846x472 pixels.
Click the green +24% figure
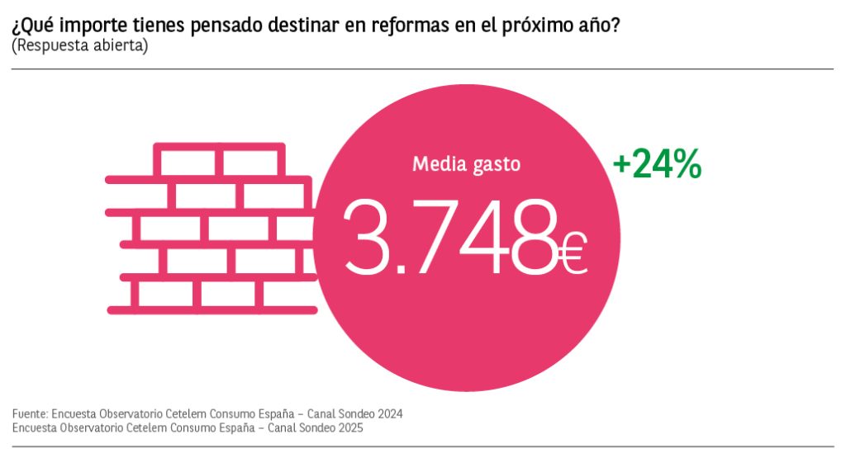(x=657, y=166)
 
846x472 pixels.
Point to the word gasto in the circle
(x=497, y=165)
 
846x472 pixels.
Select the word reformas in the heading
(x=406, y=25)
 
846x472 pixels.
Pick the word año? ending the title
(x=596, y=25)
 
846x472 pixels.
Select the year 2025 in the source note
(x=349, y=428)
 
